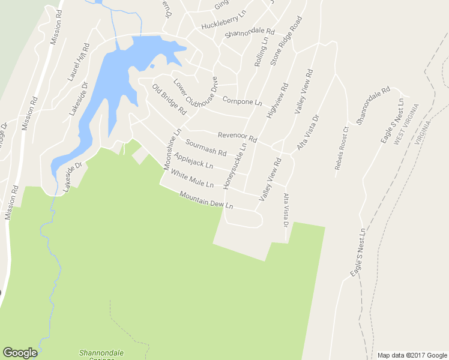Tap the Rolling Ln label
click(x=261, y=50)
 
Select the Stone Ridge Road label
click(x=285, y=41)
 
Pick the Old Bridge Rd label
click(x=169, y=100)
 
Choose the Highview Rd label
click(x=277, y=99)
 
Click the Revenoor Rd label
click(x=237, y=137)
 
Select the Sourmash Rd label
click(x=205, y=148)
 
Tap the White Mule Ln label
click(x=192, y=178)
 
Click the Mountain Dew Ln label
click(x=205, y=200)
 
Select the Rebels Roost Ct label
click(x=341, y=148)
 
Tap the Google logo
click(x=20, y=353)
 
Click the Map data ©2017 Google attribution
click(x=411, y=355)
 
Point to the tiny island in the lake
click(x=152, y=66)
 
